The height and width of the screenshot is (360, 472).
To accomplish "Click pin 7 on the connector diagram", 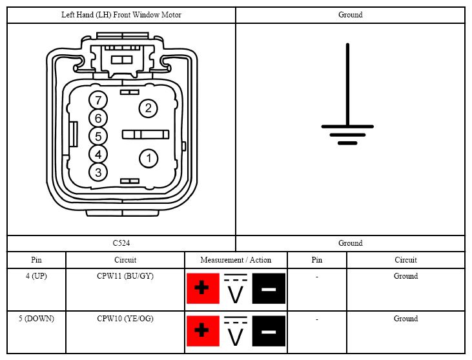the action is coord(98,100).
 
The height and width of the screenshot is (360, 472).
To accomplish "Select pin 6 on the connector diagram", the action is coord(98,118).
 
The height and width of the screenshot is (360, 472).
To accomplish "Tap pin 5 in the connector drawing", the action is coord(98,136).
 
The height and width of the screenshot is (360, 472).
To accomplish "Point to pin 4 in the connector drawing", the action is coord(98,155).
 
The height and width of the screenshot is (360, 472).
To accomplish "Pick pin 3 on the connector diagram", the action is coord(98,173).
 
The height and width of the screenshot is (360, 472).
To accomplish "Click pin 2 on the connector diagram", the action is coord(148,108).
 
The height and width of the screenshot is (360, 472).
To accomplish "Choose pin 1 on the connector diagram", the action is coord(149,158).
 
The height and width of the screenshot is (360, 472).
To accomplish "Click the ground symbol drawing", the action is coord(347,94).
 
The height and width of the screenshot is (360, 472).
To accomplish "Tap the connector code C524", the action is coord(121,243).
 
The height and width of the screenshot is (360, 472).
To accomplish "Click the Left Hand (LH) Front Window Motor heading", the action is coord(121,15).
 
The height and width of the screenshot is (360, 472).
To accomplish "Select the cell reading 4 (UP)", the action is coord(36,276).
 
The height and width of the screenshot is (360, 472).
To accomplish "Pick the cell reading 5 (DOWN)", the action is coord(36,319).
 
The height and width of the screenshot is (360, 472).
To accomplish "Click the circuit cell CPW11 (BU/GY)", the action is coord(125,276).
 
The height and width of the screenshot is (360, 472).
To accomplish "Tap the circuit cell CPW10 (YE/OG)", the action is coord(125,319).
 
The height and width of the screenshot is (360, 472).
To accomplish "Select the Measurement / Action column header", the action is coord(236,260).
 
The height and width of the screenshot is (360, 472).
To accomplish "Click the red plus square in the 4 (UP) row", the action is coord(203,288).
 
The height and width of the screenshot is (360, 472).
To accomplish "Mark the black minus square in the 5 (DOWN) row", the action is coord(269,331).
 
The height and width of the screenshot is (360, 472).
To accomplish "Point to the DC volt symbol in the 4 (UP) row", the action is coord(236,288).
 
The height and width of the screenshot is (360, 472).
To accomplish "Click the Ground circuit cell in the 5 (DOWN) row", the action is coord(405,319).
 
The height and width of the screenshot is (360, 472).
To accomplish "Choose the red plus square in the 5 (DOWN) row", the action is coord(203,331).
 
